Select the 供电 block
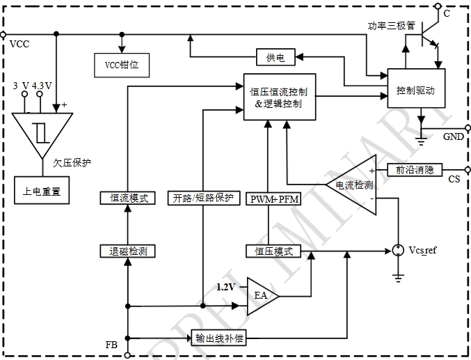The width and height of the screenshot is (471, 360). pos(276,56)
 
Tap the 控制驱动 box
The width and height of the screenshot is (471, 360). pos(416,89)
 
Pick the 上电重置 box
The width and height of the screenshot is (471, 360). pos(42,189)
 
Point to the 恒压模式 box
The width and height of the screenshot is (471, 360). pos(273,251)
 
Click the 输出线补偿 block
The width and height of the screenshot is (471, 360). pos(218,338)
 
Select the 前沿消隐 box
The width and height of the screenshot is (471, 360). pos(414,169)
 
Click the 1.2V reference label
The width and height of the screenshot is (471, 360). pos(226,286)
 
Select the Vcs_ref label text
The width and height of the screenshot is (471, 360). pos(422,250)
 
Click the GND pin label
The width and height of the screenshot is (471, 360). pos(454,136)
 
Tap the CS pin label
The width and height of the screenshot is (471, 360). pos(454,180)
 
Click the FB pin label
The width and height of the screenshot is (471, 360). pos(111,345)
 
